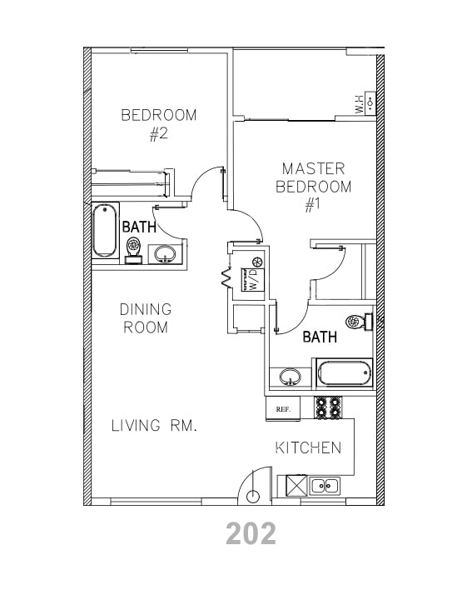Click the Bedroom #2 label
coord(159,123)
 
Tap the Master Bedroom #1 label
coord(313,187)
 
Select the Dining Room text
coord(146,318)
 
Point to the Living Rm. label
coord(154,426)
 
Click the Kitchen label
coord(308,447)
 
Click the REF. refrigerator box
coord(282,408)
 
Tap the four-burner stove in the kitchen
coord(328,407)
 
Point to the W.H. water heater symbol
coord(365,104)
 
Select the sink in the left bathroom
coord(164,253)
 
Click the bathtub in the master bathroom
coord(343,372)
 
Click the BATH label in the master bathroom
coord(320,337)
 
